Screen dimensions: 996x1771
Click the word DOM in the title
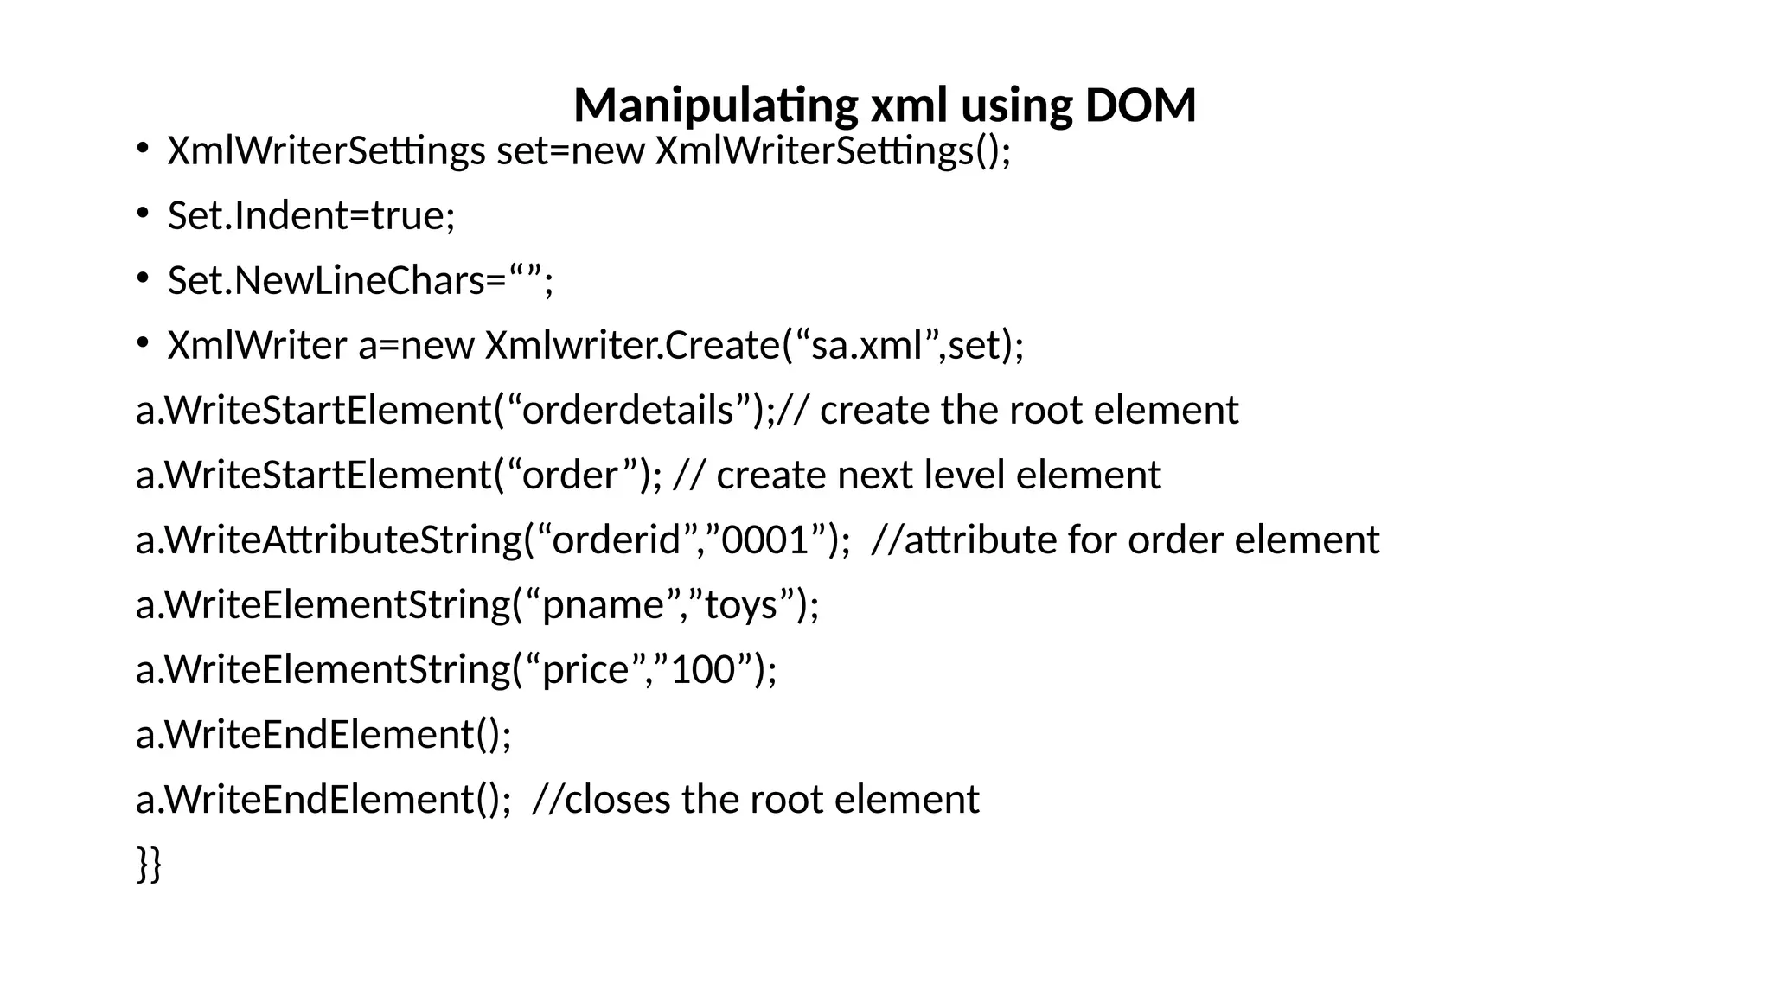point(1140,105)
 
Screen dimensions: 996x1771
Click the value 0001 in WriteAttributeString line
point(764,540)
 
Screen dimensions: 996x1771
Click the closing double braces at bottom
point(149,864)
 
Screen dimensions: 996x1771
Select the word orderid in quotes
point(617,540)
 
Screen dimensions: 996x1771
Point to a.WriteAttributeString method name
point(329,540)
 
